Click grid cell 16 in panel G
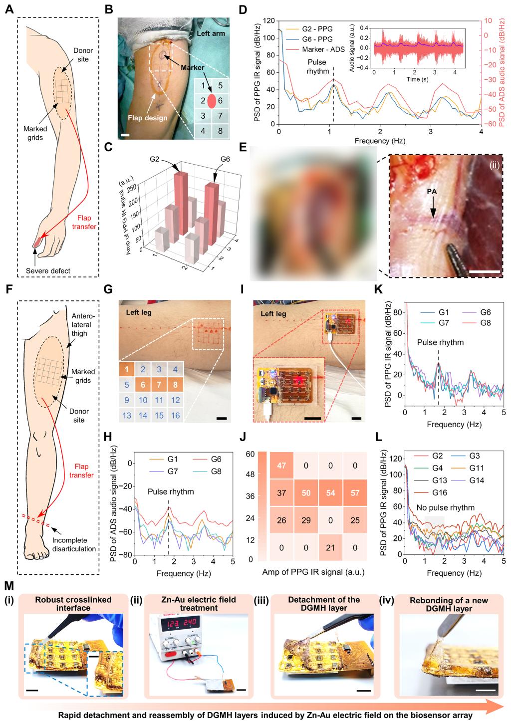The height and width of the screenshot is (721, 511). pyautogui.click(x=176, y=415)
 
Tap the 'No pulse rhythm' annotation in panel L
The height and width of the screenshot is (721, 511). pyautogui.click(x=446, y=507)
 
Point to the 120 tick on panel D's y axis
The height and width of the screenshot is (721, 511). pyautogui.click(x=268, y=21)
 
